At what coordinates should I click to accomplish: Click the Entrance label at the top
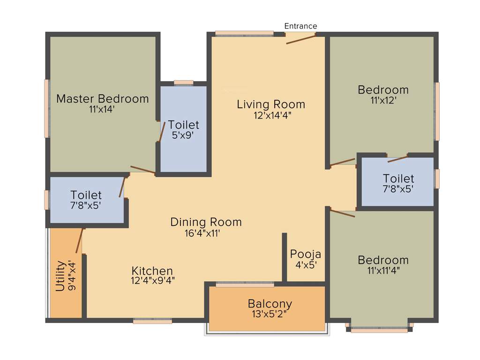click(301, 26)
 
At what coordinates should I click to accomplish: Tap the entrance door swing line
click(301, 39)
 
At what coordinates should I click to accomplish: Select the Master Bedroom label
click(102, 99)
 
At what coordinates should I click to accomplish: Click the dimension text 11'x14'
click(102, 109)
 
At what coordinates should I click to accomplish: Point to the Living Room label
click(271, 104)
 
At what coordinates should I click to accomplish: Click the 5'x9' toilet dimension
click(183, 135)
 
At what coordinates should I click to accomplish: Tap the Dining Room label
click(206, 222)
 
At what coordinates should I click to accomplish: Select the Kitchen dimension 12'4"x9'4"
click(153, 281)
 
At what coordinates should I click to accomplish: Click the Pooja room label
click(306, 254)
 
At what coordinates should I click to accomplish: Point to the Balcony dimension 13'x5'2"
click(270, 314)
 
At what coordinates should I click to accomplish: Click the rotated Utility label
click(60, 276)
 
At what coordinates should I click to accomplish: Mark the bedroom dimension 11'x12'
click(383, 100)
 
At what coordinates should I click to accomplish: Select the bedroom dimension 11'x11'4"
click(383, 270)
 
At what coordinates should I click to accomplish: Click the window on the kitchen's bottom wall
click(152, 321)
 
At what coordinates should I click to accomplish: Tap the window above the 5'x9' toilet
click(183, 83)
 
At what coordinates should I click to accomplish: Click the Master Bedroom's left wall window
click(47, 108)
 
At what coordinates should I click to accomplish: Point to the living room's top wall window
click(244, 33)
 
